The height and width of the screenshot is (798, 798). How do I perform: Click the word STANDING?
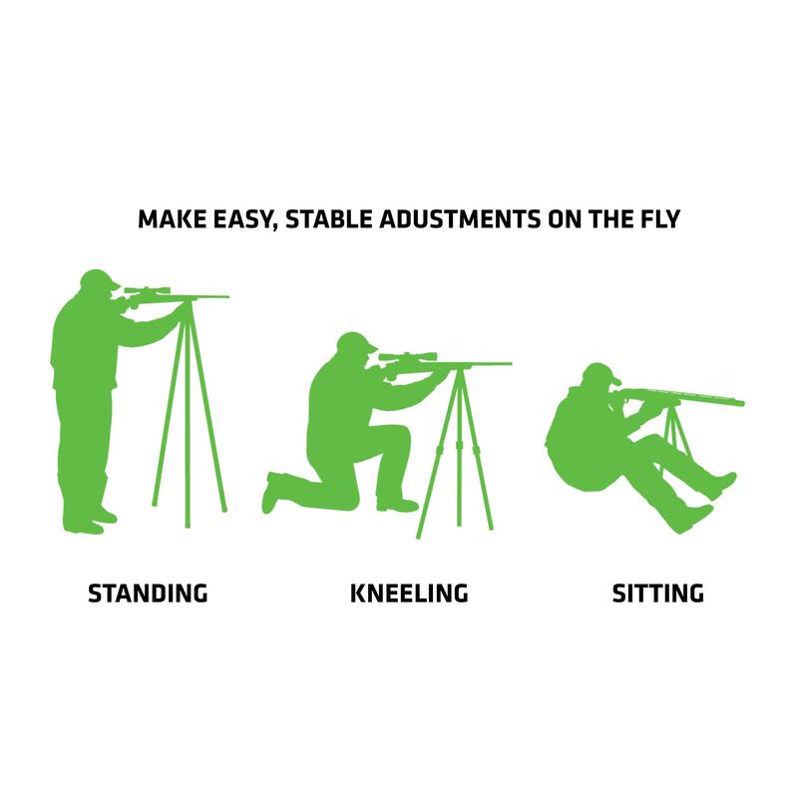[148, 594]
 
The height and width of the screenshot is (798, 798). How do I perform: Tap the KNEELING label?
[409, 594]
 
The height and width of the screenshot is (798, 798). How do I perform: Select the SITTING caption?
[657, 594]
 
